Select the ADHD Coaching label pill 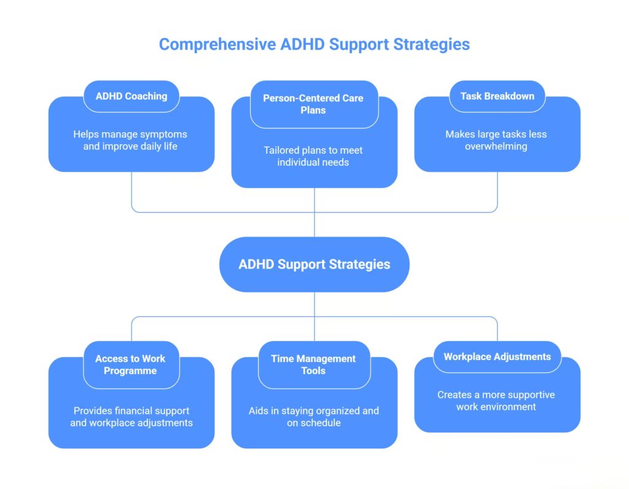tap(131, 96)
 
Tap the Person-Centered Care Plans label tap(313, 104)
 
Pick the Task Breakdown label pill tap(497, 96)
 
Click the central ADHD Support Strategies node tap(314, 264)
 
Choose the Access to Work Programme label tap(130, 364)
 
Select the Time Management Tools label tap(313, 364)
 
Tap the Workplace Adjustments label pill tap(497, 356)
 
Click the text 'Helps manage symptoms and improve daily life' tap(130, 140)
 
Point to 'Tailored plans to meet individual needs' tap(313, 156)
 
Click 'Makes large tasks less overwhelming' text tap(496, 140)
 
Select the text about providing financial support tap(131, 417)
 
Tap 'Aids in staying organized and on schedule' tap(313, 417)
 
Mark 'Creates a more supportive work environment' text tap(496, 401)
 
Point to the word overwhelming tap(496, 146)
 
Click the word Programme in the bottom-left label tap(130, 370)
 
